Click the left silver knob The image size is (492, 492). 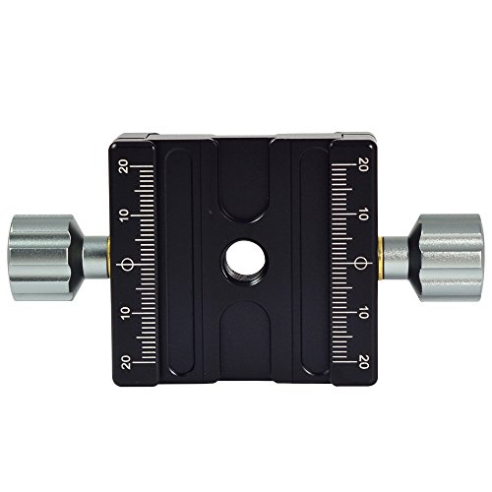(x=42, y=258)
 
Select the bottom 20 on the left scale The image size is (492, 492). (x=126, y=362)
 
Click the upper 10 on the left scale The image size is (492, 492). (x=125, y=215)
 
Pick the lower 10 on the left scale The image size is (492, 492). (x=125, y=314)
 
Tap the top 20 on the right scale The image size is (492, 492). (x=363, y=164)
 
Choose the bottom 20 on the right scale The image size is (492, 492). (x=363, y=361)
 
